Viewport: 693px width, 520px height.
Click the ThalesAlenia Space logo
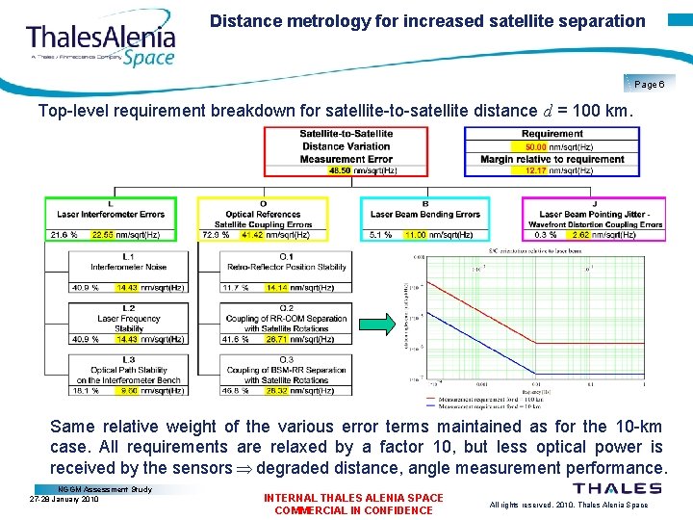(100, 42)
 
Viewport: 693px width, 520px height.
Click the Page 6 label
(649, 85)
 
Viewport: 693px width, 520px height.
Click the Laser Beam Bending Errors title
(425, 214)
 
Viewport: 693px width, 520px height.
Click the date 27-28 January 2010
(64, 499)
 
